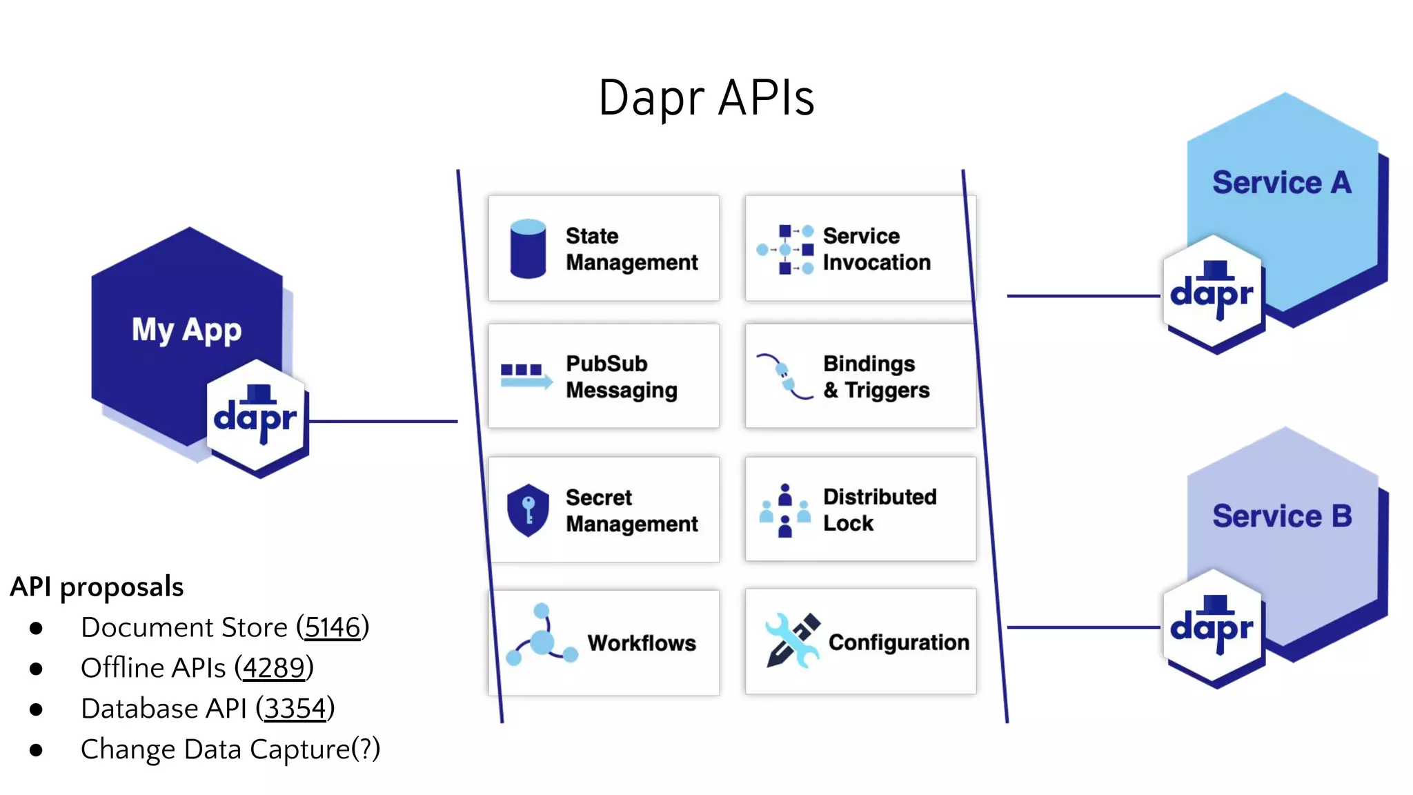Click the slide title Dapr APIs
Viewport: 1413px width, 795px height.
coord(706,98)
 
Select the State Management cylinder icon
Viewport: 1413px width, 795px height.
coord(528,248)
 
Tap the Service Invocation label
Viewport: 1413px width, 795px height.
coord(876,249)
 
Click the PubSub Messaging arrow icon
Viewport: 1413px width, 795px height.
coord(526,376)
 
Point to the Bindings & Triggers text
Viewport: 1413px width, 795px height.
coord(876,377)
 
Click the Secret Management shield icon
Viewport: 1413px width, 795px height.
coord(528,510)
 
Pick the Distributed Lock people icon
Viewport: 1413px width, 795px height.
coord(784,511)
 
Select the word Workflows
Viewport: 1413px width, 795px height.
coord(642,643)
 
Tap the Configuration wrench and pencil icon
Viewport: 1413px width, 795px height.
coord(792,640)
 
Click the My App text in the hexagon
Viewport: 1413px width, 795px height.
coord(186,330)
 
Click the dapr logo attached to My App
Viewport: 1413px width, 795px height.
coord(256,418)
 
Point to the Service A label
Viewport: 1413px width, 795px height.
coord(1281,183)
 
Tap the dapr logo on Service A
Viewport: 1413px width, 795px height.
coord(1212,294)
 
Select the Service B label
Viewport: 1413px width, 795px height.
coord(1281,516)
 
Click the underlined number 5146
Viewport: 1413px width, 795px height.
coord(333,627)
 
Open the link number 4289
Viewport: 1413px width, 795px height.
coord(273,668)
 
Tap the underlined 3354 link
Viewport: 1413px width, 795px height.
coord(295,709)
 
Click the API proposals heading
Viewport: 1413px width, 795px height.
coord(97,587)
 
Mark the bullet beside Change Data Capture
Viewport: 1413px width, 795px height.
coord(37,750)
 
